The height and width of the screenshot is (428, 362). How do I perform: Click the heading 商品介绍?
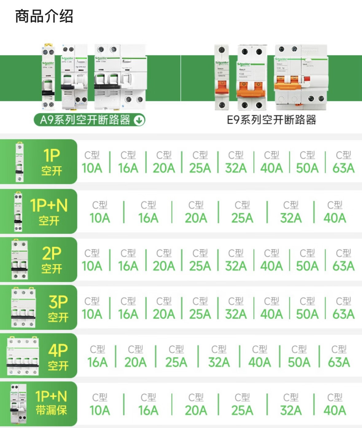[44, 17]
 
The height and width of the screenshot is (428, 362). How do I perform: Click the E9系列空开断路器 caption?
[271, 120]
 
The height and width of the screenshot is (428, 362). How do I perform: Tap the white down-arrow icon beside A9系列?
[139, 120]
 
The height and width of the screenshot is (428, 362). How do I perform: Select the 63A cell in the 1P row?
[343, 162]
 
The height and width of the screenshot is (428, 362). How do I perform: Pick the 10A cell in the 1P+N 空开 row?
[100, 212]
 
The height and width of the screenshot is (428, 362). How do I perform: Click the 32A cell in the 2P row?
[236, 260]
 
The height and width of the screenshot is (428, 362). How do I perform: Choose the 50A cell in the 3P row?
[307, 308]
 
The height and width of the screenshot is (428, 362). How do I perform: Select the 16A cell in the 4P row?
[97, 356]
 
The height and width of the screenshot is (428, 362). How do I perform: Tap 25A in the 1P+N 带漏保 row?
[242, 404]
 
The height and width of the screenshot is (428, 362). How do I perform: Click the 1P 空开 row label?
[52, 162]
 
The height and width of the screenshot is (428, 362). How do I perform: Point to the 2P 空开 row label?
[52, 260]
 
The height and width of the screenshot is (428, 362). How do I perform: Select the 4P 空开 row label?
[58, 356]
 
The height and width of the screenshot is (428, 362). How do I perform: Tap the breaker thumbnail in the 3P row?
[23, 308]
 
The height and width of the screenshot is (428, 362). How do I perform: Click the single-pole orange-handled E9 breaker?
[221, 78]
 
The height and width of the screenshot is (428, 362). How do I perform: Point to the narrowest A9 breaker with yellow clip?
[48, 77]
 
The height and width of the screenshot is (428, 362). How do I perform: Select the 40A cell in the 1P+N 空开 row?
[335, 212]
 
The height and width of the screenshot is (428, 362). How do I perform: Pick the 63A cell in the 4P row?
[339, 356]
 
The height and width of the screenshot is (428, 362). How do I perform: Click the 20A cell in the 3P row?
[164, 308]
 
